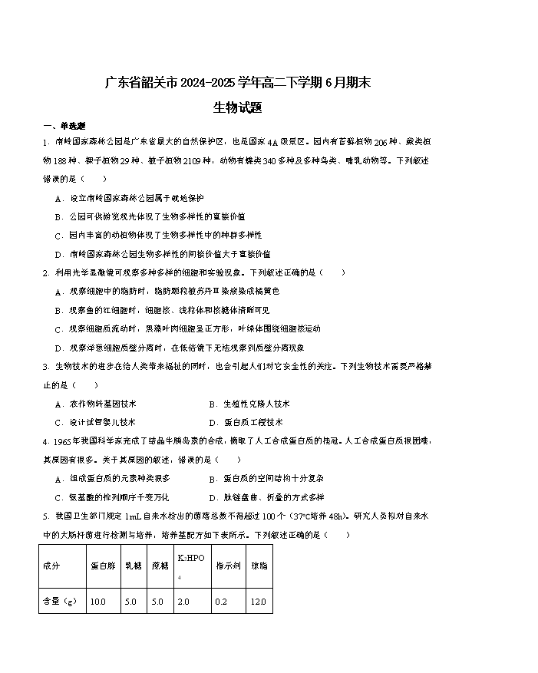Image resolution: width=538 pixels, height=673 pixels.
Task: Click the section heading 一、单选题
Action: (64, 126)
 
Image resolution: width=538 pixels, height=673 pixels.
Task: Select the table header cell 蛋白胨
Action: (103, 566)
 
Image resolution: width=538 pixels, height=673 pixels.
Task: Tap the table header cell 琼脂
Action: (259, 566)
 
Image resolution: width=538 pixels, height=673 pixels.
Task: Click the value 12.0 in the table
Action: (259, 602)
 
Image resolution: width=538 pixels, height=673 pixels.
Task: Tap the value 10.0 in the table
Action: (98, 602)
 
